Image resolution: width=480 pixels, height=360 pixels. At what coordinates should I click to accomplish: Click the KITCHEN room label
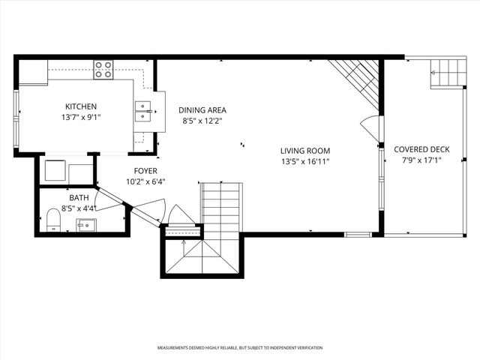click(x=80, y=106)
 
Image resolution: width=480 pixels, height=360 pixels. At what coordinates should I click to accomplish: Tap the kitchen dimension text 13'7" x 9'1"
click(x=80, y=117)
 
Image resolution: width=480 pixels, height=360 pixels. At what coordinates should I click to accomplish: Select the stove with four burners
click(x=103, y=70)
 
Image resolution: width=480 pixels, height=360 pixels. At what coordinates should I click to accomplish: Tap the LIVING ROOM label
click(x=305, y=150)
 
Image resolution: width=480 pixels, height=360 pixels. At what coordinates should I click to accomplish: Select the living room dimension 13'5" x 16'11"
click(x=305, y=160)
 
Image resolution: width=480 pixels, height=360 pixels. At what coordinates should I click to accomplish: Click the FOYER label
click(x=145, y=170)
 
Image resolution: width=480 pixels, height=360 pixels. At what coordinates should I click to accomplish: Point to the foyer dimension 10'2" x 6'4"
click(x=145, y=181)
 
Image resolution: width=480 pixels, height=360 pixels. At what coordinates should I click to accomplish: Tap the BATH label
click(x=79, y=198)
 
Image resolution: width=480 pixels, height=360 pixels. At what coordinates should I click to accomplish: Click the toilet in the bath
click(x=53, y=220)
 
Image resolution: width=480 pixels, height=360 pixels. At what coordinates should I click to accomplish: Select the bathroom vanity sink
click(x=86, y=223)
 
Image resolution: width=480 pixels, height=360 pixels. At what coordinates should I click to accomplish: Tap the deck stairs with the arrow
click(x=448, y=73)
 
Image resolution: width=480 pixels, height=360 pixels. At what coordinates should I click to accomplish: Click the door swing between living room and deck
click(x=370, y=127)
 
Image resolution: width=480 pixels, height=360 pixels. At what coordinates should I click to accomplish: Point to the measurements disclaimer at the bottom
click(x=240, y=348)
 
